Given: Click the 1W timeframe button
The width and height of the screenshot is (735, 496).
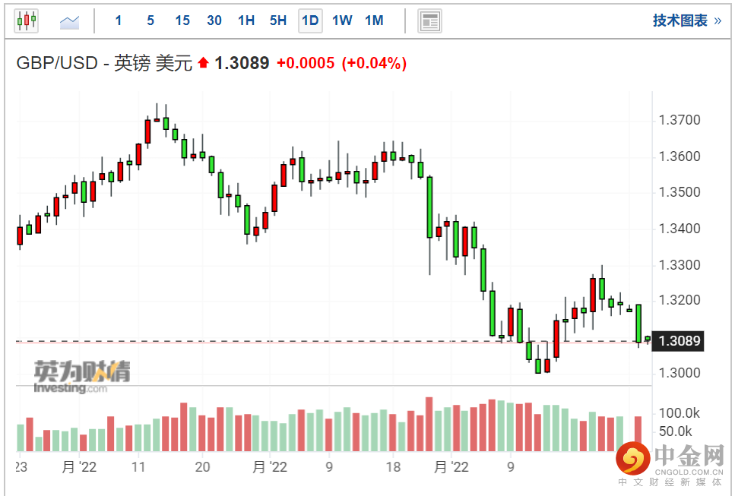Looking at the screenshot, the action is click(342, 21).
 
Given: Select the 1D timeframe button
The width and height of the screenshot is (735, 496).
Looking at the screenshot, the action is click(310, 21).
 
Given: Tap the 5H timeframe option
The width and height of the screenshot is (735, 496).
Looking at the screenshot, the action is click(278, 21).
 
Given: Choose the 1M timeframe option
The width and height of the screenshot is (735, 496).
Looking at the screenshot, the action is click(374, 21).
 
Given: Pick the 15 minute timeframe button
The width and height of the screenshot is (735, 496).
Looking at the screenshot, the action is click(182, 21).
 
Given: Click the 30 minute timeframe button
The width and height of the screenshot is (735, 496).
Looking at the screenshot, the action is click(214, 21).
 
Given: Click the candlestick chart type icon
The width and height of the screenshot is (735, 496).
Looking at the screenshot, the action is click(27, 21).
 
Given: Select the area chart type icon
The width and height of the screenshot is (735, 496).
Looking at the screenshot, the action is click(69, 22).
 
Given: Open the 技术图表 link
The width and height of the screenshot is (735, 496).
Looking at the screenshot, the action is click(686, 21).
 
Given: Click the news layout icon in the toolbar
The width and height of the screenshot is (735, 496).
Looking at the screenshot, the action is click(429, 21).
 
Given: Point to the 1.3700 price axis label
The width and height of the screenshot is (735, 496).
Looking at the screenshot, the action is click(680, 120).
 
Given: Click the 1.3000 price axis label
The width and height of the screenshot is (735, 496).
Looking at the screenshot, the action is click(680, 373).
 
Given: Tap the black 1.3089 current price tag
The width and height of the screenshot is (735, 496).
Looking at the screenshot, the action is click(680, 340).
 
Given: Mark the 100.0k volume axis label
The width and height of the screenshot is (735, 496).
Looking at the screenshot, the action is click(679, 413).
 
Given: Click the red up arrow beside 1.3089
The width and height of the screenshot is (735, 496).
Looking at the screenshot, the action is click(203, 62).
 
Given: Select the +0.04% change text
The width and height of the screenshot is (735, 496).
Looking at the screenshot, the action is click(374, 63).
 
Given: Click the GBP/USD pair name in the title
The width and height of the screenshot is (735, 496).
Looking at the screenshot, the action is click(57, 63).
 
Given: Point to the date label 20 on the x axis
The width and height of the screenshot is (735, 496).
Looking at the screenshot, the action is click(202, 467).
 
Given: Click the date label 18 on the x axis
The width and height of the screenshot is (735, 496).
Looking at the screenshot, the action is click(393, 467).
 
